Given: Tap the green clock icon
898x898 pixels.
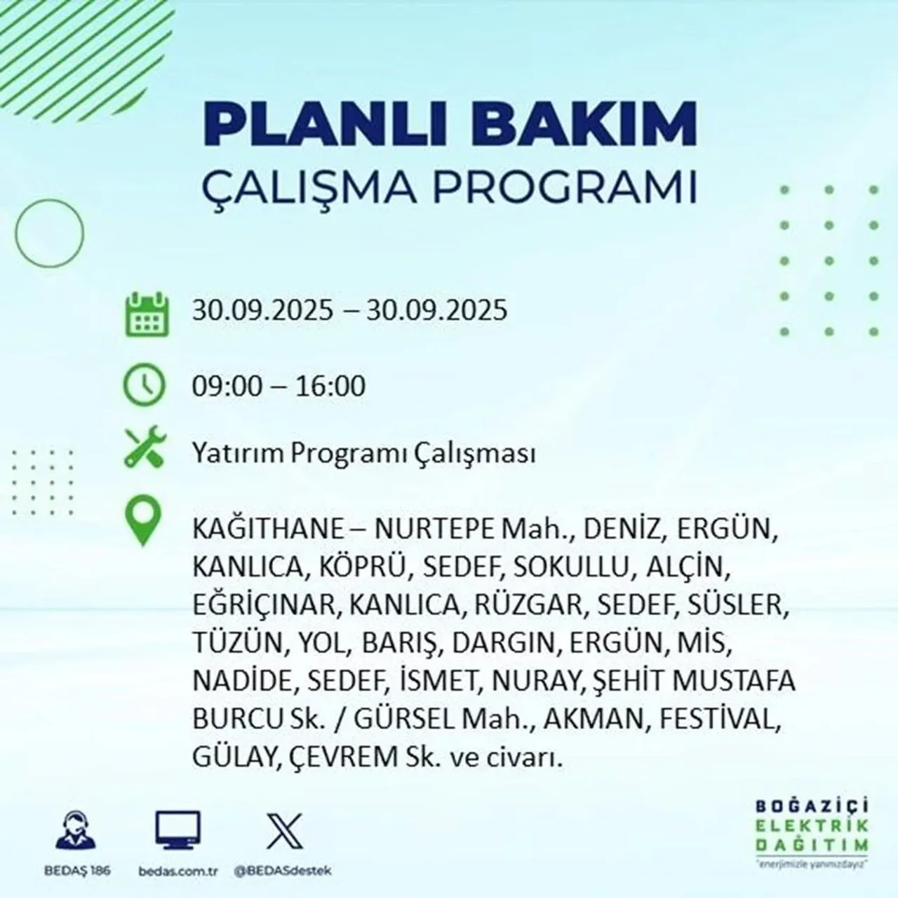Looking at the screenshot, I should (x=145, y=386).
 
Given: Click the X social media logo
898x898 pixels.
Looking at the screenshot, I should (x=285, y=831).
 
